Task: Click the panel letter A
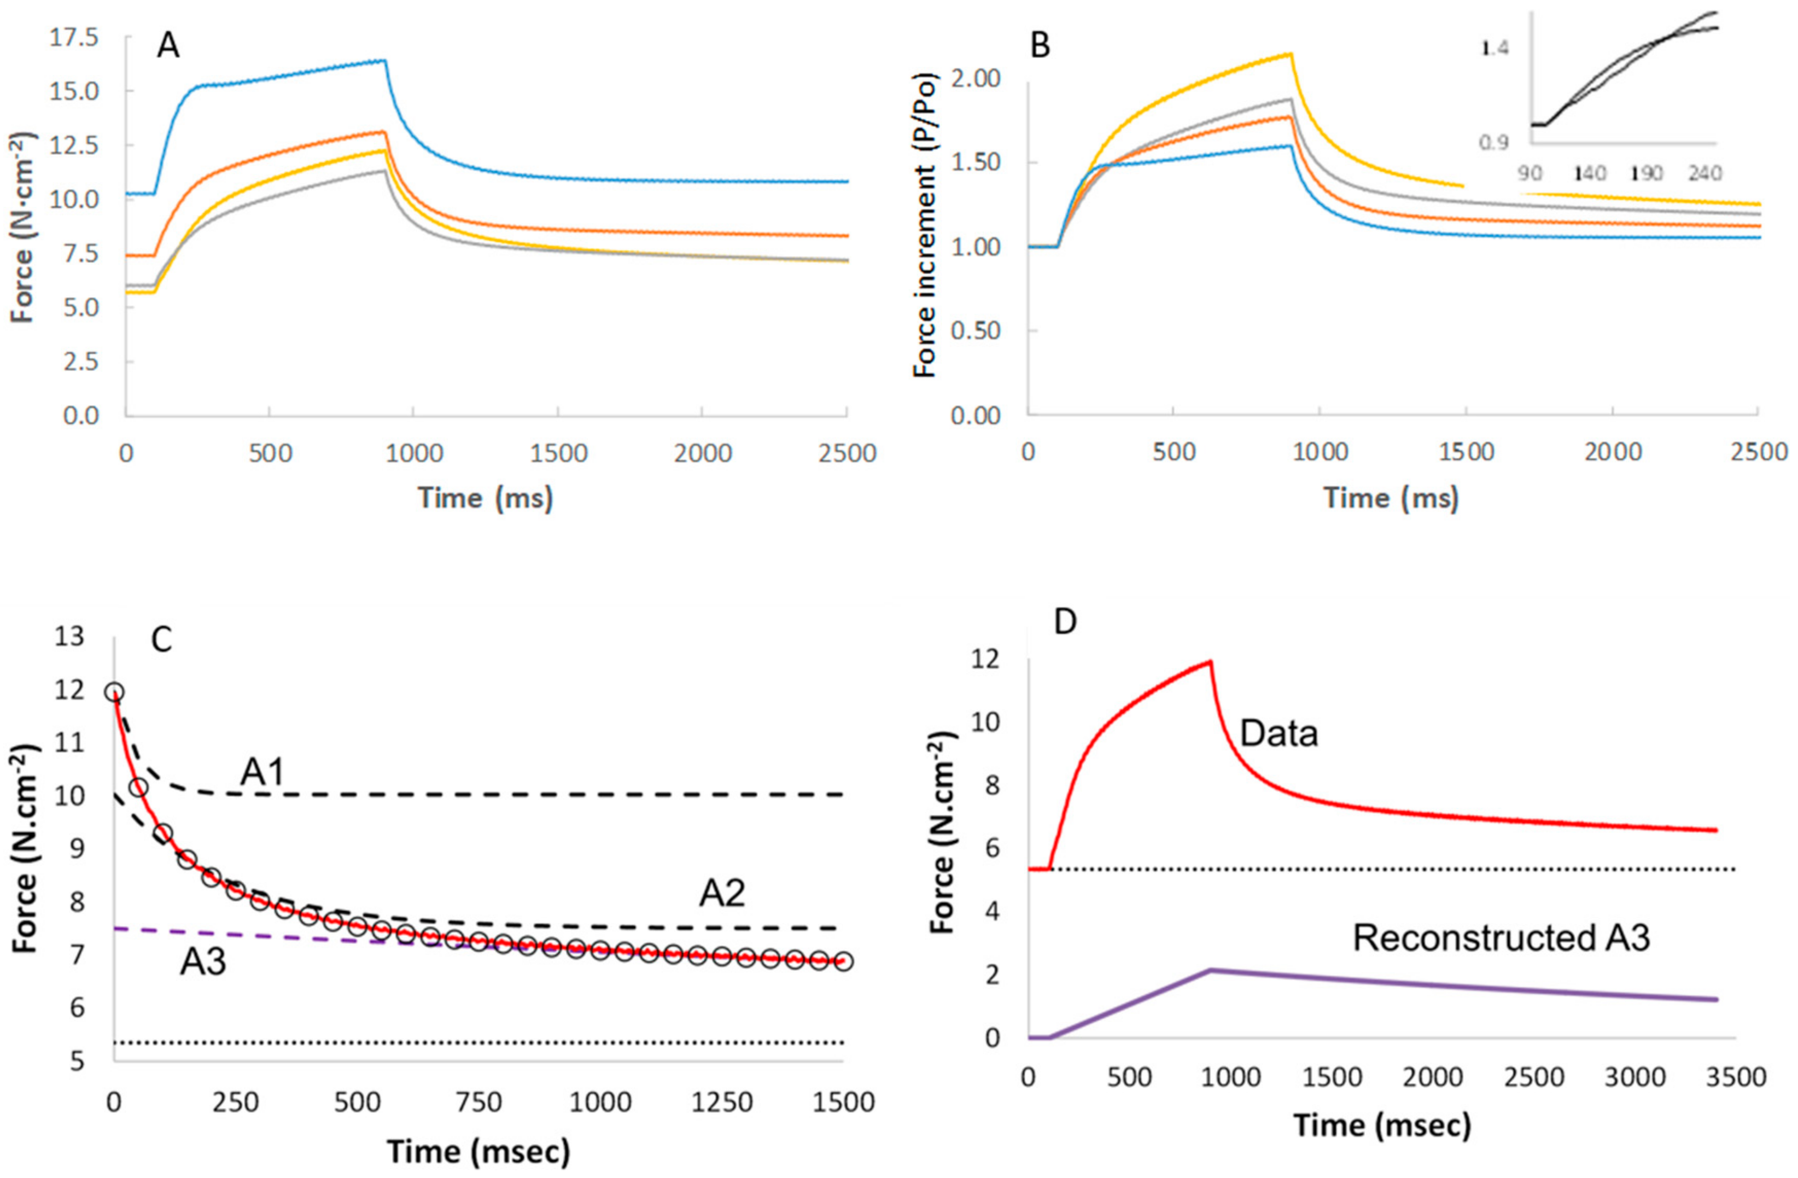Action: point(168,47)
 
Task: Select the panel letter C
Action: point(162,640)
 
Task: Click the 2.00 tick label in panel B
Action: point(974,79)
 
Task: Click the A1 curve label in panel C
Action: point(262,772)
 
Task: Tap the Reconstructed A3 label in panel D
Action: point(1501,938)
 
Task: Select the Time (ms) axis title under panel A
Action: point(485,499)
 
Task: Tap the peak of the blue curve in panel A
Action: point(384,61)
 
